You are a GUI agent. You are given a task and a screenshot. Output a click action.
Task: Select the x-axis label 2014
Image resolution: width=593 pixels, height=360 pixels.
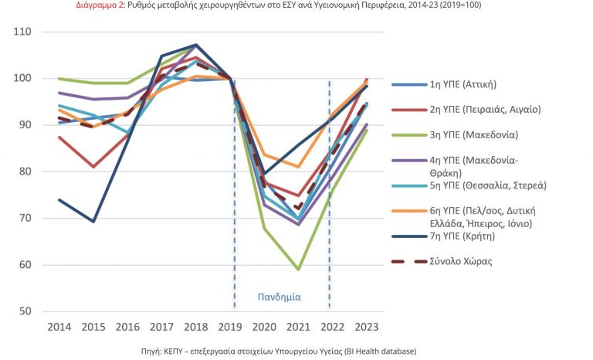pyautogui.click(x=59, y=327)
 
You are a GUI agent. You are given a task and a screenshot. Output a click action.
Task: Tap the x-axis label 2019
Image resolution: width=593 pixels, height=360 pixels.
pyautogui.click(x=231, y=327)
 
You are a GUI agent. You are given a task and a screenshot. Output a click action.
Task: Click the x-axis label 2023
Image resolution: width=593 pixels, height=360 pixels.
pyautogui.click(x=367, y=327)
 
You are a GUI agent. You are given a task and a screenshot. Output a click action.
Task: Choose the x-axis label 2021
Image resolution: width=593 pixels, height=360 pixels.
pyautogui.click(x=299, y=327)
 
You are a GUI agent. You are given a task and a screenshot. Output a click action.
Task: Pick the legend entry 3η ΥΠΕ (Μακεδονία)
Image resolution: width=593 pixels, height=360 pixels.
pyautogui.click(x=473, y=134)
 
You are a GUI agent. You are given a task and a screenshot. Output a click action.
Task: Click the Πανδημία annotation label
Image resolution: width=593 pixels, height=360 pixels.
pyautogui.click(x=279, y=296)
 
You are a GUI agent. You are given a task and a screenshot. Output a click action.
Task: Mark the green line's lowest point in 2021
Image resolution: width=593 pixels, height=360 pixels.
pyautogui.click(x=299, y=269)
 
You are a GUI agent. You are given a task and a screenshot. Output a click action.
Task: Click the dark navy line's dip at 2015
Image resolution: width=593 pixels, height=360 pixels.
pyautogui.click(x=94, y=222)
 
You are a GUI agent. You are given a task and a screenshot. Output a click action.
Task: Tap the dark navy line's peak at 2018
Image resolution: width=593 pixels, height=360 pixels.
pyautogui.click(x=197, y=45)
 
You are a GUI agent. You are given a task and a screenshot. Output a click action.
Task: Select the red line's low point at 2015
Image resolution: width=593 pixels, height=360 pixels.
pyautogui.click(x=94, y=167)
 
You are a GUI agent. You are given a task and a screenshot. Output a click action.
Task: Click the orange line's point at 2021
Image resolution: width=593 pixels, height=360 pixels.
pyautogui.click(x=299, y=167)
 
